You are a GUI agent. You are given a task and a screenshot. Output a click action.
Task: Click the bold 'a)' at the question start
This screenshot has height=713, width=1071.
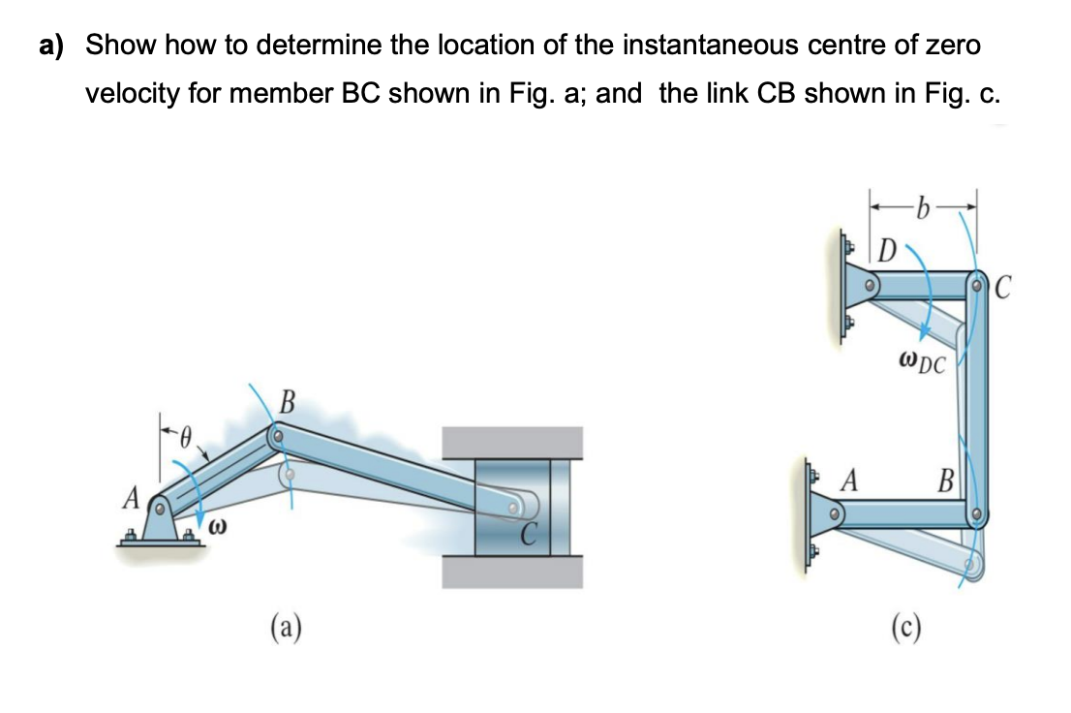click(55, 46)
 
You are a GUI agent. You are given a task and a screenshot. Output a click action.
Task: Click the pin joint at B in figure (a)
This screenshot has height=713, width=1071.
click(277, 437)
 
